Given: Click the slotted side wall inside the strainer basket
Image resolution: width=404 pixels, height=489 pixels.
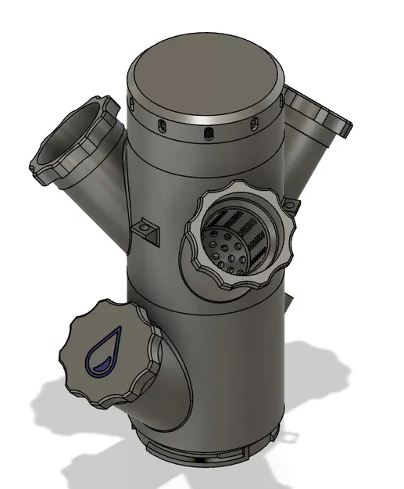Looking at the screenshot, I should click(255, 235).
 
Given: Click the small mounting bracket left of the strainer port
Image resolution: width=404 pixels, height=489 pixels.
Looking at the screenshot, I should click(146, 228).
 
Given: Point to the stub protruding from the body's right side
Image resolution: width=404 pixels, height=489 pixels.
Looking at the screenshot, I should click(289, 301).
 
